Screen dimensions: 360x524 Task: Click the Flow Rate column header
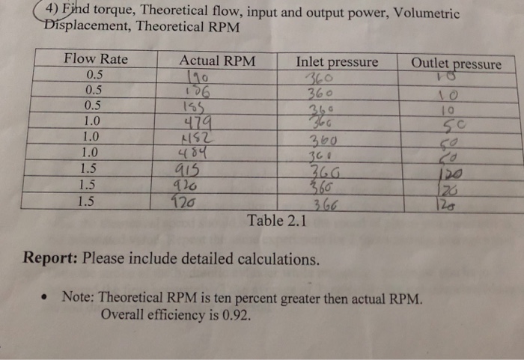coord(96,59)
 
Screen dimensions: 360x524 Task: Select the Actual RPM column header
coord(217,61)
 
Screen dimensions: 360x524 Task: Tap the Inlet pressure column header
coord(337,61)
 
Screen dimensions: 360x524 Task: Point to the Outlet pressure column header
coord(457,64)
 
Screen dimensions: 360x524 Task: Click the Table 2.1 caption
coord(273,221)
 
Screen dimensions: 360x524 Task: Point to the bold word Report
coord(49,259)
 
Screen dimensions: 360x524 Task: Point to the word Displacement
coord(73,27)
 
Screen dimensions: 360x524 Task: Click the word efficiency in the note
coord(177,314)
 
